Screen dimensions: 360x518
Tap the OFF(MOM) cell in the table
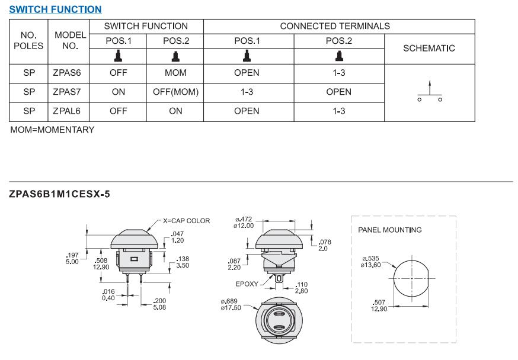pyautogui.click(x=175, y=92)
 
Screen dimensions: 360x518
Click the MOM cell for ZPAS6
pyautogui.click(x=175, y=73)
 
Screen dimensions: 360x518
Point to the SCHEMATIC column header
pyautogui.click(x=429, y=49)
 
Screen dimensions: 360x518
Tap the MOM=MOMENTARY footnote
pyautogui.click(x=52, y=130)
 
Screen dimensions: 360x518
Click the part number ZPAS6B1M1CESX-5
pyautogui.click(x=60, y=194)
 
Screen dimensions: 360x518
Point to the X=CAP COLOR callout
pyautogui.click(x=187, y=221)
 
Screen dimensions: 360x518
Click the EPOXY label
pyautogui.click(x=247, y=284)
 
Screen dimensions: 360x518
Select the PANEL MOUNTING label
pyautogui.click(x=390, y=230)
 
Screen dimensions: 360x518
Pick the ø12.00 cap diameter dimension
pyautogui.click(x=244, y=226)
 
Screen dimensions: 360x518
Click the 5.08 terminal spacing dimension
pyautogui.click(x=159, y=307)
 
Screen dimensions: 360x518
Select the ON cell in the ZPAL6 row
pyautogui.click(x=175, y=111)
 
